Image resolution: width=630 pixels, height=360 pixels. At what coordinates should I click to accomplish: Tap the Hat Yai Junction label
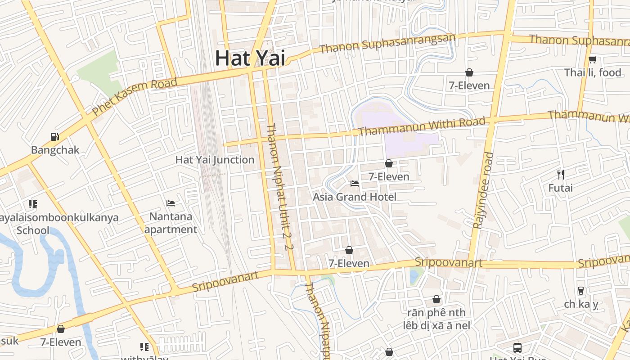(215, 160)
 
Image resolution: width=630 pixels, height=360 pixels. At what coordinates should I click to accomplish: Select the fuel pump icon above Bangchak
(54, 136)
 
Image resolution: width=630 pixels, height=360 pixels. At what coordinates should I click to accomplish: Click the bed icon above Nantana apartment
(171, 203)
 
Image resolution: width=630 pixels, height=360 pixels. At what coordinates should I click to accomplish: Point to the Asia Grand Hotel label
(355, 197)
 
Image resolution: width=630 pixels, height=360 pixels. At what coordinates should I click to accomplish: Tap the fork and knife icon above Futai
(560, 174)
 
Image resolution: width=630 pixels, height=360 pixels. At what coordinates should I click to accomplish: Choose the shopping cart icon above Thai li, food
(593, 59)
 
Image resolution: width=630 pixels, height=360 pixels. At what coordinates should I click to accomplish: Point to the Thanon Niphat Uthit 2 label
(280, 187)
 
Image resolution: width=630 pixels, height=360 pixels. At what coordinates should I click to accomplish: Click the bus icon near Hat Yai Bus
(517, 347)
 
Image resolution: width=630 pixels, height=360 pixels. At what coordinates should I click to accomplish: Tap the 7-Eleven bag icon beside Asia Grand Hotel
(389, 163)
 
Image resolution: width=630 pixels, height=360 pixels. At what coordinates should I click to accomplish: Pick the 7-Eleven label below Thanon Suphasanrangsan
(469, 85)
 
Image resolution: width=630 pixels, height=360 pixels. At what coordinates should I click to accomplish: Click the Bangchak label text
(55, 150)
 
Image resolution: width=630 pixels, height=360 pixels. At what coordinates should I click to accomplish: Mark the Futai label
(560, 188)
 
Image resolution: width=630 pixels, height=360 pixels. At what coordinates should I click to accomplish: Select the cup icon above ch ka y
(581, 290)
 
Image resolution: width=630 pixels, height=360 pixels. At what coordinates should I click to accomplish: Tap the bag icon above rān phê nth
(436, 299)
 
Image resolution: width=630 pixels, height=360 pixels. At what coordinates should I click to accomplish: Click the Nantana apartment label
(171, 223)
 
